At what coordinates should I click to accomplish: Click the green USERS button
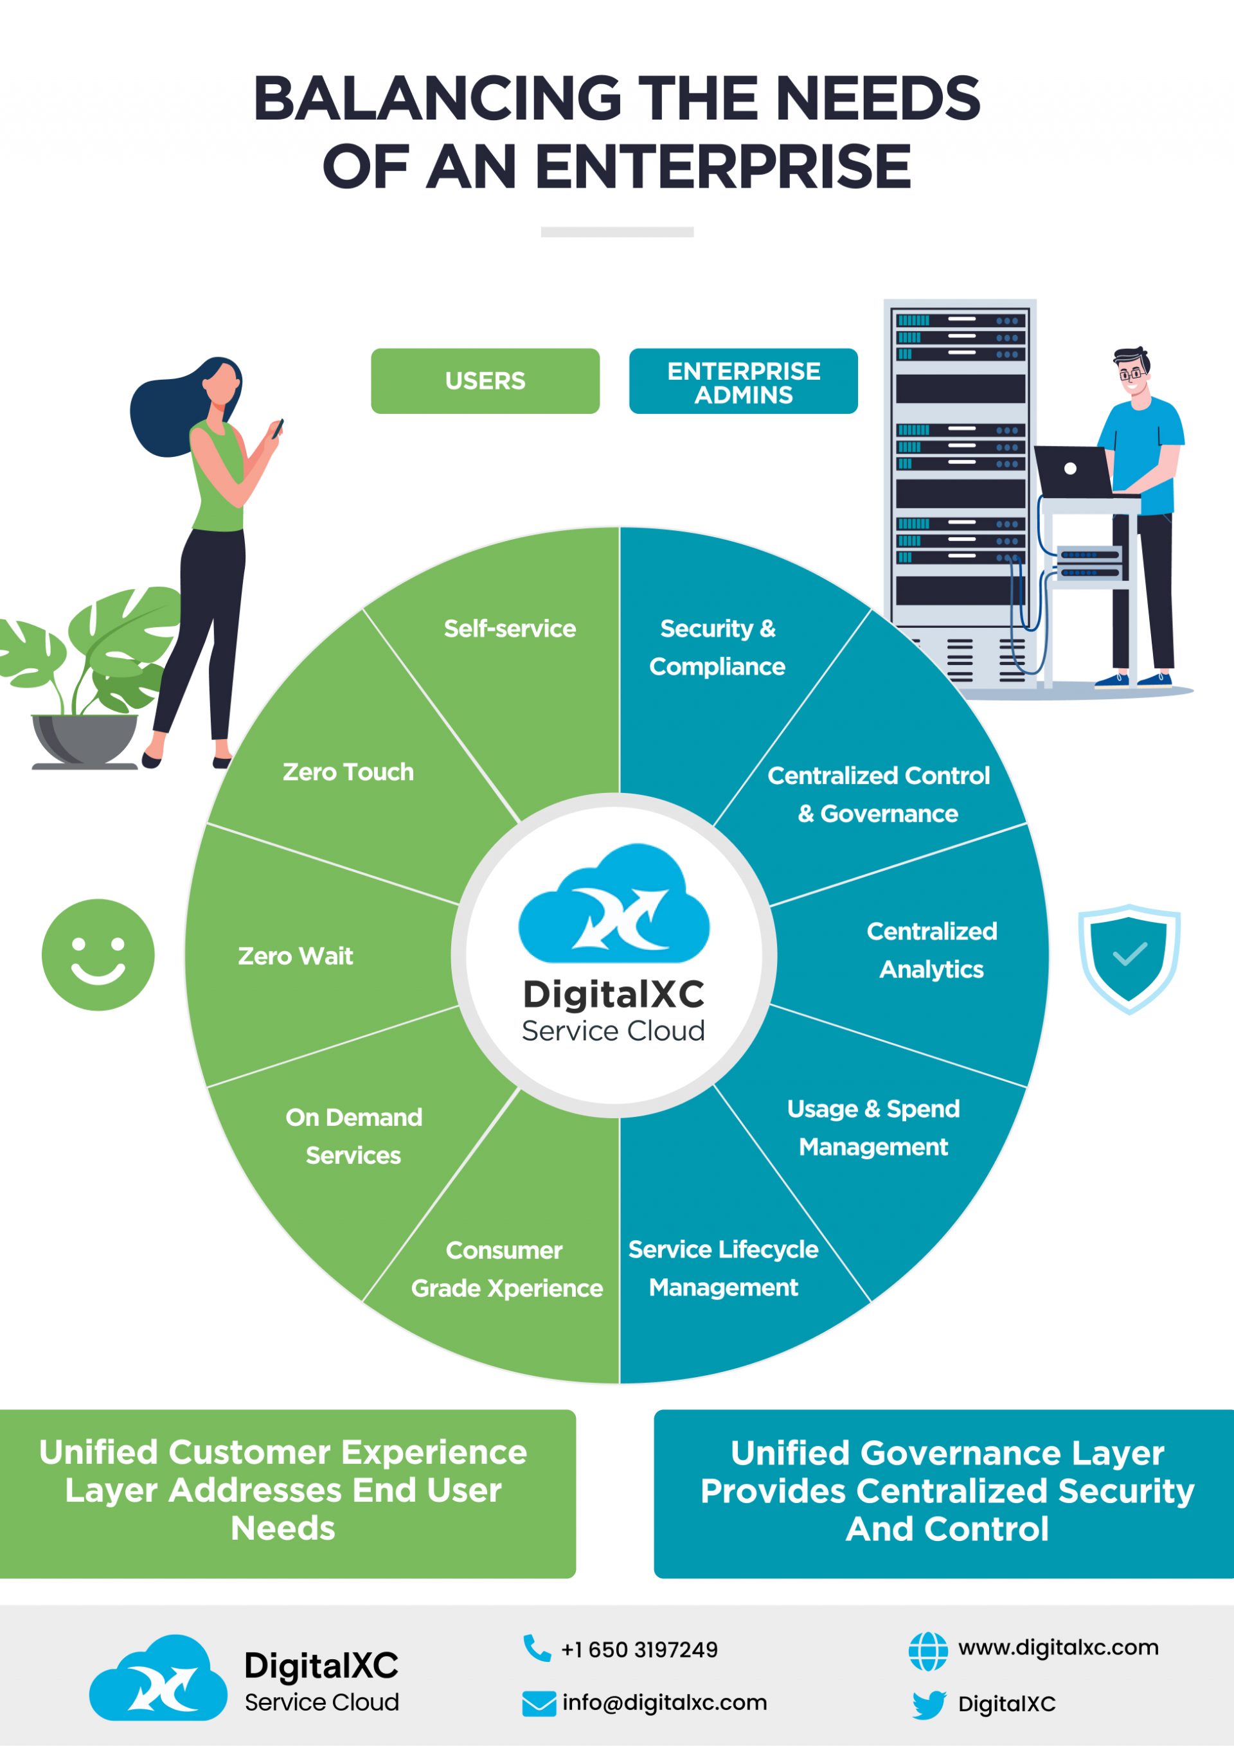[485, 381]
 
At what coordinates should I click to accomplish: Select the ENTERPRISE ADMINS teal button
[743, 381]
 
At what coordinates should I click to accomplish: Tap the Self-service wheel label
[510, 629]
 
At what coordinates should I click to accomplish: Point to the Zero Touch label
[348, 772]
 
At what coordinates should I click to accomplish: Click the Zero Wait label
[295, 956]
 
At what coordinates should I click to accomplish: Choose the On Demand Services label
[353, 1136]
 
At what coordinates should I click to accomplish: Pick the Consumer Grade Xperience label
[506, 1269]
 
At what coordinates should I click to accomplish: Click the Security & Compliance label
[717, 647]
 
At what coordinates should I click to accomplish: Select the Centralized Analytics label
[932, 950]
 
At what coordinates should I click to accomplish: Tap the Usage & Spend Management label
[873, 1128]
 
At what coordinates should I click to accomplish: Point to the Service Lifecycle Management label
[724, 1269]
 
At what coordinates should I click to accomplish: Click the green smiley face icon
[98, 955]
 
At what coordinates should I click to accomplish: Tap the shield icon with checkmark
[1129, 958]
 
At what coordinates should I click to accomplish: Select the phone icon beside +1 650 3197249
[537, 1648]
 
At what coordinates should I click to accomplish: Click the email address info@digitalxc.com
[664, 1703]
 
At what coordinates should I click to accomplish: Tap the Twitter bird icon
[929, 1704]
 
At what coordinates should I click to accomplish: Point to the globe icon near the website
[928, 1651]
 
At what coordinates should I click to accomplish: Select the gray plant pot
[84, 739]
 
